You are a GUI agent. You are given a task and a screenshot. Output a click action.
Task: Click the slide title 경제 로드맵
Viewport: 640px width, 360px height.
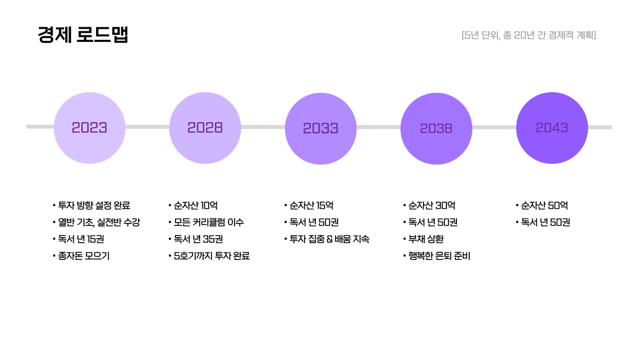click(83, 34)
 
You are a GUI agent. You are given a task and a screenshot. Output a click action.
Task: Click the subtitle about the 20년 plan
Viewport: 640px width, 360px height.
click(529, 35)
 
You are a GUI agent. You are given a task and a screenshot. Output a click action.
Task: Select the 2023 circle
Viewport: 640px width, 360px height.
click(89, 128)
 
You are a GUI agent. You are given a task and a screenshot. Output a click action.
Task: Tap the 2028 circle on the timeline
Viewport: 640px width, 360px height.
click(205, 128)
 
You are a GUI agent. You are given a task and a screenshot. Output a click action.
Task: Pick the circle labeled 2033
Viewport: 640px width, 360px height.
click(321, 128)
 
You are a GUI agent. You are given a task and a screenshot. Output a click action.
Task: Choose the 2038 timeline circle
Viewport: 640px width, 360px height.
click(436, 128)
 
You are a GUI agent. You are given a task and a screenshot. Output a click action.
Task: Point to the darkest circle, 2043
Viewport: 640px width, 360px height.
click(552, 128)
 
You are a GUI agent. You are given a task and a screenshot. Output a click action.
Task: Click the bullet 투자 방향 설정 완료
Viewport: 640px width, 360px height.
click(92, 205)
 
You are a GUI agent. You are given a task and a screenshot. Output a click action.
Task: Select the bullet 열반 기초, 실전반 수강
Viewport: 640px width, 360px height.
click(96, 222)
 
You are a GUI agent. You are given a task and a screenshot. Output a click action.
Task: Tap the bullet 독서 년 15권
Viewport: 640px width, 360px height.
click(78, 239)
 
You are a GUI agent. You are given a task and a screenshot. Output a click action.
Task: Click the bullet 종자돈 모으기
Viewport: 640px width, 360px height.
click(81, 256)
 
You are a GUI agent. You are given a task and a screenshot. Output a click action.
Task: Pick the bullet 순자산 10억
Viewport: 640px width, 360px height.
click(193, 205)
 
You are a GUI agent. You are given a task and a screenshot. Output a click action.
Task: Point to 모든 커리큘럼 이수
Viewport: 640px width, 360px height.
click(206, 222)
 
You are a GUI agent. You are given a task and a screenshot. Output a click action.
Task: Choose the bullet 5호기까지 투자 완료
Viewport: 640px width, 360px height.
click(209, 256)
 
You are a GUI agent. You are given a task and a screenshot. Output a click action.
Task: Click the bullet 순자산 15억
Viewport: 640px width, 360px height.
click(309, 205)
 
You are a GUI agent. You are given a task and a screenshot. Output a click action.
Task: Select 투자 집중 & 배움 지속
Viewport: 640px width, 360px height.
click(327, 239)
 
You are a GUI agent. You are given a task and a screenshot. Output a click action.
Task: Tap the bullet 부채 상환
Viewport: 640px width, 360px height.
click(424, 239)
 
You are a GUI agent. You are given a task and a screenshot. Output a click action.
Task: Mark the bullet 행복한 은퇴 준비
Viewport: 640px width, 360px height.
click(437, 256)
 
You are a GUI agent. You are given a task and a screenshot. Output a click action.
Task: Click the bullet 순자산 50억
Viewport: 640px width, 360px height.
click(542, 205)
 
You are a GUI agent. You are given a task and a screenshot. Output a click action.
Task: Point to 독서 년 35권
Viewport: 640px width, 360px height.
click(196, 239)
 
